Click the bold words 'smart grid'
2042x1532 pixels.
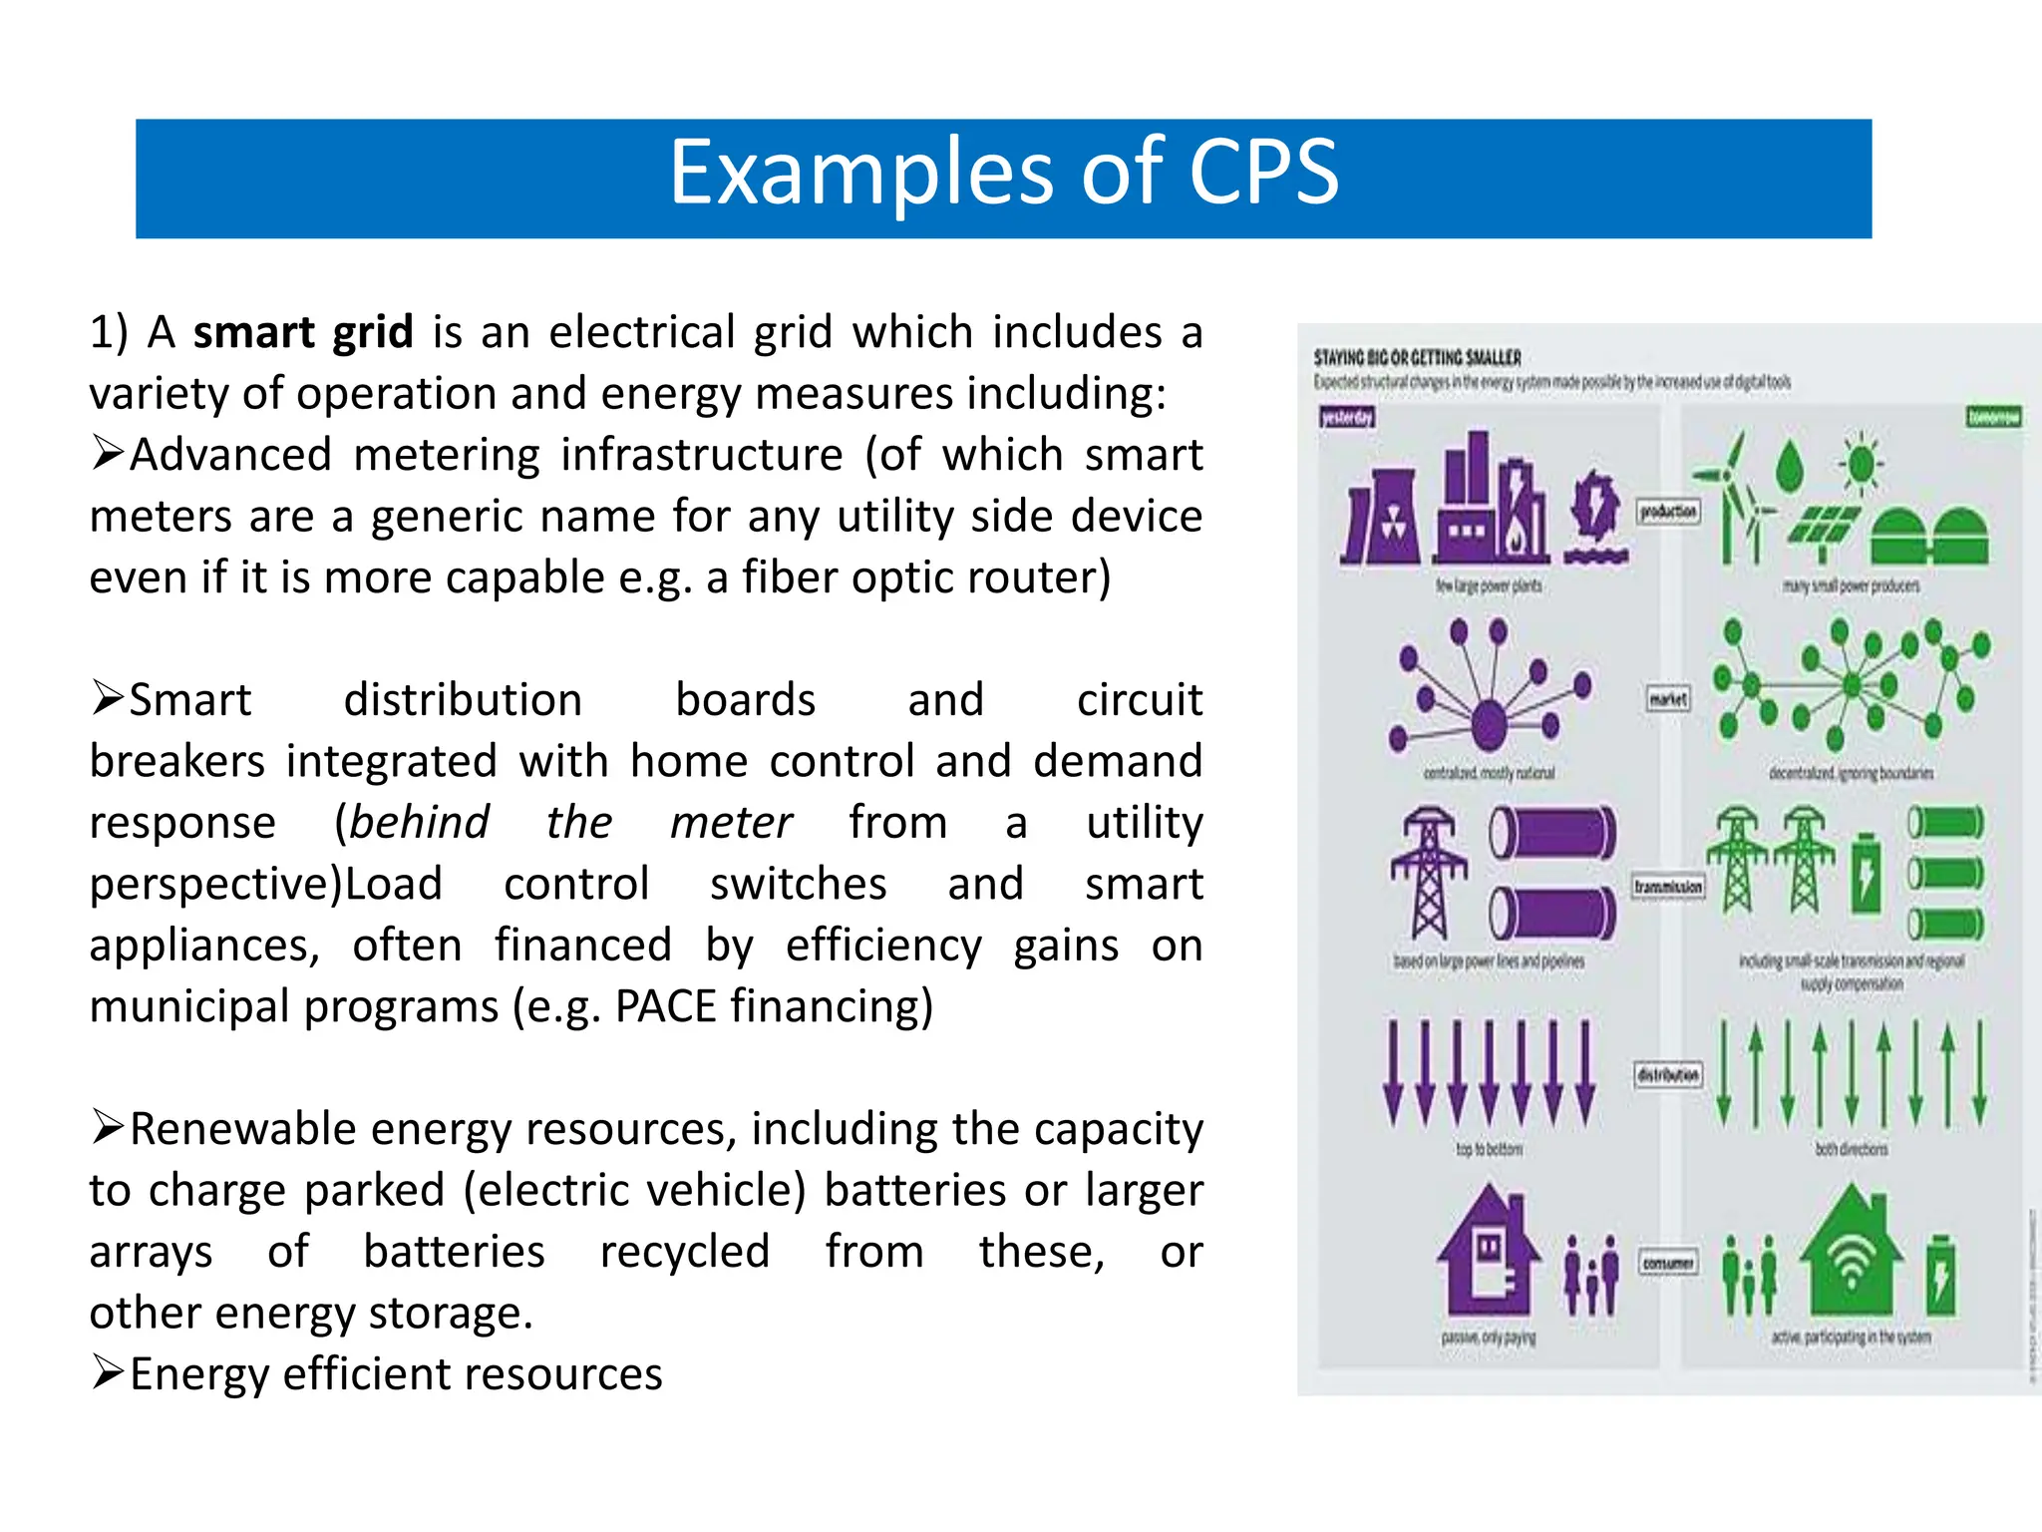pyautogui.click(x=303, y=332)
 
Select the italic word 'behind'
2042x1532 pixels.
pyautogui.click(x=419, y=823)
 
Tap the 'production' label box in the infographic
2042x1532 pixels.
pyautogui.click(x=1668, y=512)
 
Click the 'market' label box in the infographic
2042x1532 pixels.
pyautogui.click(x=1668, y=699)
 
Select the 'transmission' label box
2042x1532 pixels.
pyautogui.click(x=1668, y=887)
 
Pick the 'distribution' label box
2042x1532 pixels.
pyautogui.click(x=1668, y=1074)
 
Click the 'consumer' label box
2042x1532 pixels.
pyautogui.click(x=1668, y=1263)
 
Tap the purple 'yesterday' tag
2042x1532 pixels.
pyautogui.click(x=1347, y=417)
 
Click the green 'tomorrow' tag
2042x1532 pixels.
pyautogui.click(x=1994, y=417)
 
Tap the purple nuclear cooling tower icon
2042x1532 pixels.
pyautogui.click(x=1381, y=517)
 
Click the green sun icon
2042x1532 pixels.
pyautogui.click(x=1861, y=463)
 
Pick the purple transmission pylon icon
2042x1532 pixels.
pyautogui.click(x=1429, y=872)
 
